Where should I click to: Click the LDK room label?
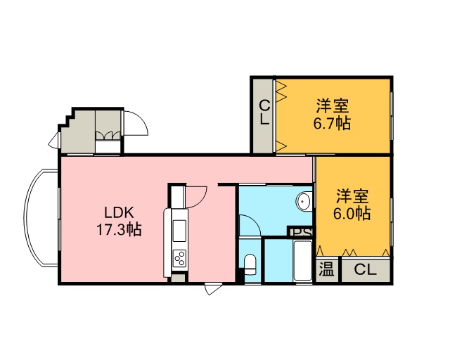tap(119, 213)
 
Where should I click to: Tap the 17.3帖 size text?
tap(119, 230)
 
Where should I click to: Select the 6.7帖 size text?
tap(332, 124)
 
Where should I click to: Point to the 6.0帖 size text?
tap(352, 213)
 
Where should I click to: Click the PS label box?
tap(300, 231)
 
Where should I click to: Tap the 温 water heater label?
tap(327, 270)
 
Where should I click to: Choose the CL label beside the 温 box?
tap(365, 270)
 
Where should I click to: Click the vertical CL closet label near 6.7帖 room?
tap(264, 112)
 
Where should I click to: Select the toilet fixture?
tap(250, 264)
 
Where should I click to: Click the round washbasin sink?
tap(304, 201)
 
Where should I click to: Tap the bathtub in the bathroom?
tap(302, 262)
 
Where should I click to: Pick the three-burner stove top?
tap(180, 257)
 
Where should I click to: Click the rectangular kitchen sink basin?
tap(179, 231)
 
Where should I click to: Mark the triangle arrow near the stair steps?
tap(53, 141)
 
